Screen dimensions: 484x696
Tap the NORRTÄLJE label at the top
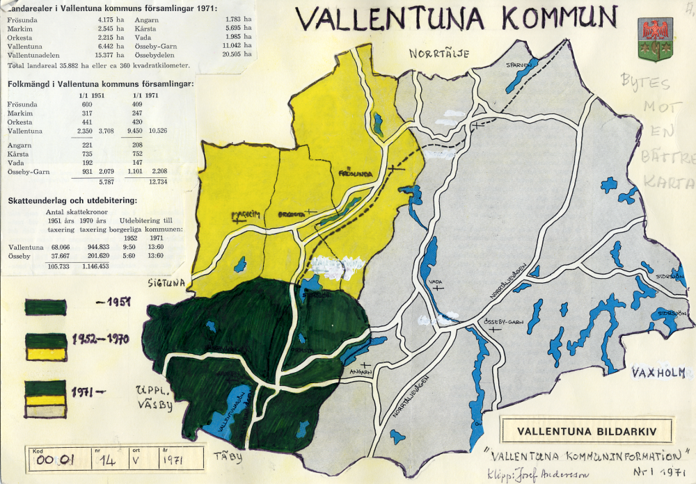[x=439, y=54]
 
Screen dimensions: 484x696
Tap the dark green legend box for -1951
[x=45, y=307]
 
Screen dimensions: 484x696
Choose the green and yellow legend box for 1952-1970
[x=45, y=346]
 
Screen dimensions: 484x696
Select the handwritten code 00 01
[x=56, y=460]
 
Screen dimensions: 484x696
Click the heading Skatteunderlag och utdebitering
[x=72, y=200]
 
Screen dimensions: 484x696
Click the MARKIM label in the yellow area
[x=247, y=215]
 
